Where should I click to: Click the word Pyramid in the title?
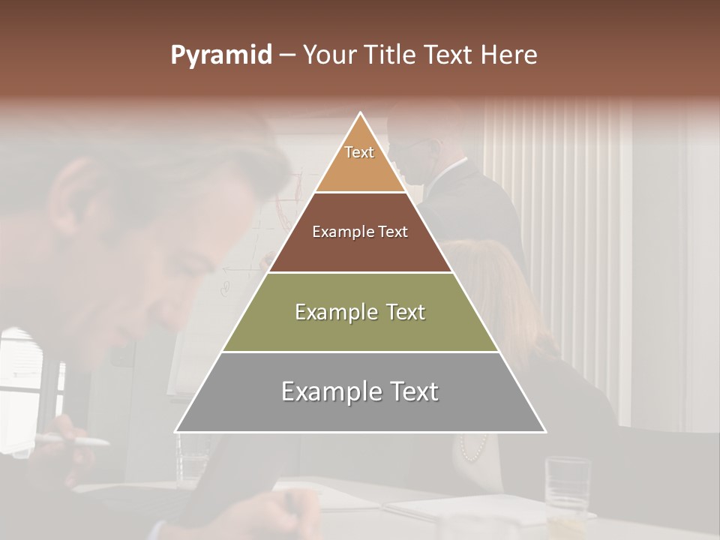(x=221, y=55)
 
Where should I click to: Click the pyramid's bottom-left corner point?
(x=176, y=431)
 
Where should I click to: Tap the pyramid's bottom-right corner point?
(x=545, y=431)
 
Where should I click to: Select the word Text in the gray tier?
(x=408, y=391)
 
